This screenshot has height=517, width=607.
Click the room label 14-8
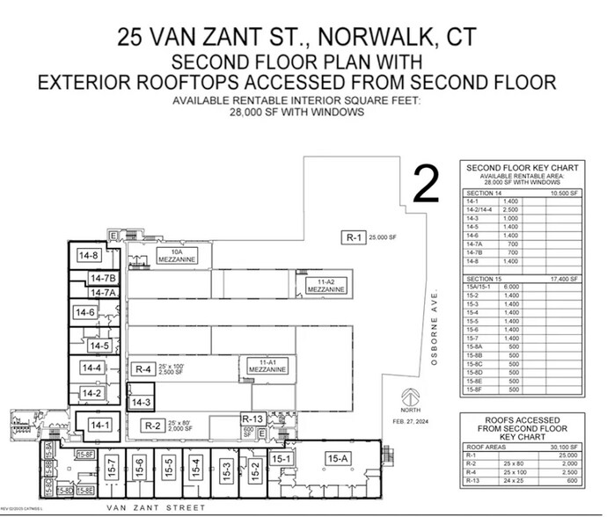coord(89,256)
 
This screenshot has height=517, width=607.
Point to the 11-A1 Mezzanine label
coord(274,367)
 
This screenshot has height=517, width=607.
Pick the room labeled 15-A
coord(338,458)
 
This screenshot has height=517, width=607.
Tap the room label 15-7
coord(112,467)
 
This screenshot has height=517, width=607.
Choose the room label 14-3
coord(142,402)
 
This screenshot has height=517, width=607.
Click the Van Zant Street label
coord(156,508)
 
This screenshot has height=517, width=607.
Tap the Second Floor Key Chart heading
coord(522,167)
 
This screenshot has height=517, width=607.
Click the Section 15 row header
coord(486,279)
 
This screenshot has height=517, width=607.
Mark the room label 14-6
coord(85,312)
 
